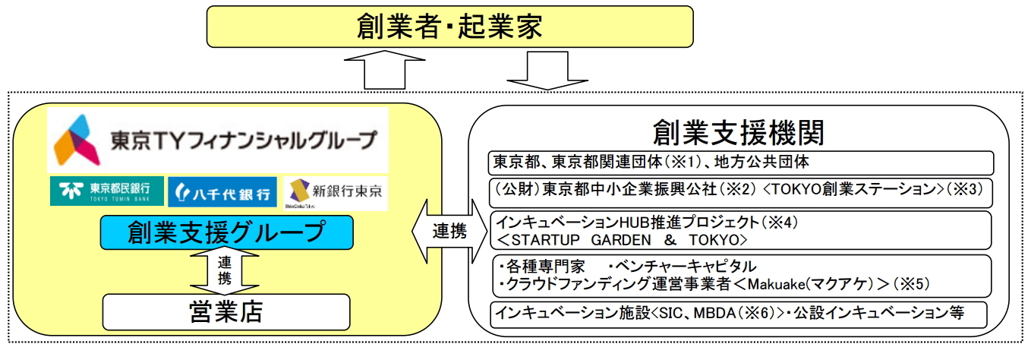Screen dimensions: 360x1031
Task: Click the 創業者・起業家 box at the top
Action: pos(450,28)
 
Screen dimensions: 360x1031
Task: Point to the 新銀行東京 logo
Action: pos(335,192)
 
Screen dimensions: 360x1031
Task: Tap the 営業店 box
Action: pos(226,311)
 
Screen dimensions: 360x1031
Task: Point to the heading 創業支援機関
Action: pos(739,132)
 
